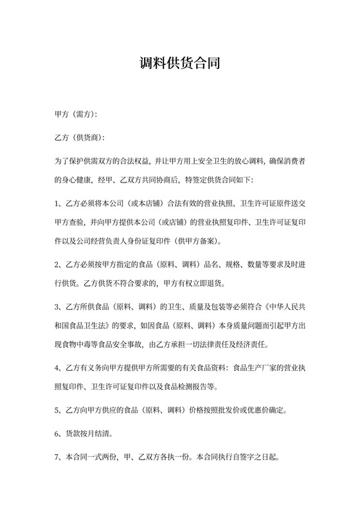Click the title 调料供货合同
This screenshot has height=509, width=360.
(180, 64)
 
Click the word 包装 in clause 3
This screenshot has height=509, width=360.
(230, 305)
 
